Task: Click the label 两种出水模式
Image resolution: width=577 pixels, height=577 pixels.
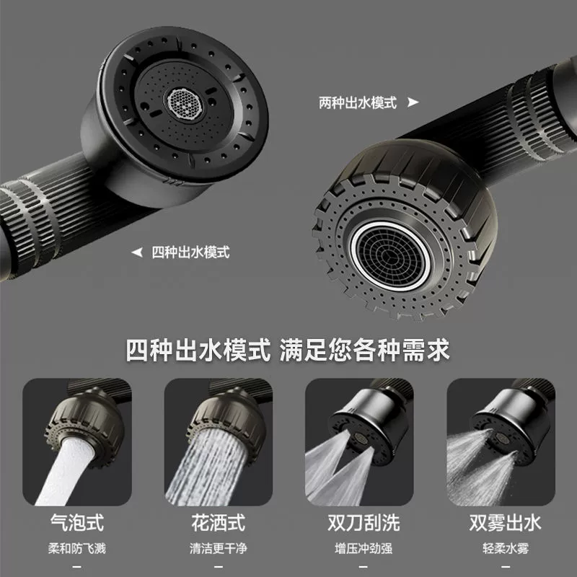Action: tap(358, 102)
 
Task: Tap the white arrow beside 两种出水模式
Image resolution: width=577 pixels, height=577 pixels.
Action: tap(413, 102)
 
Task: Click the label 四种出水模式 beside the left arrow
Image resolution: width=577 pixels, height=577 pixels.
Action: tap(190, 252)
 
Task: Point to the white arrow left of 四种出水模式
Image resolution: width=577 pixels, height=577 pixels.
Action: tap(137, 252)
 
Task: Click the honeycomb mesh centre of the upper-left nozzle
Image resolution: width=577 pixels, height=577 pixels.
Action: tap(185, 104)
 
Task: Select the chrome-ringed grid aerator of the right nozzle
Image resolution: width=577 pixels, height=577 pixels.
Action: tap(390, 256)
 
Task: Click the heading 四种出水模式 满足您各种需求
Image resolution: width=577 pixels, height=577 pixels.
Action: tap(288, 350)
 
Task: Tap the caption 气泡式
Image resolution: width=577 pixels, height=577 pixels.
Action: tap(77, 522)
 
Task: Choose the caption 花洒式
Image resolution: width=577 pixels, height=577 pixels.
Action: tap(219, 522)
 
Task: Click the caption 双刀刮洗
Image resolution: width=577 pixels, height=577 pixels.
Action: tap(364, 522)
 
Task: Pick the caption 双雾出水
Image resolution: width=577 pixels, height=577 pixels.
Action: tap(505, 522)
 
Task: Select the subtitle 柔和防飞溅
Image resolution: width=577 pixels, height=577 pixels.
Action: tap(77, 548)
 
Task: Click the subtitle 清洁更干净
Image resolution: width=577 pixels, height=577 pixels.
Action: tap(219, 548)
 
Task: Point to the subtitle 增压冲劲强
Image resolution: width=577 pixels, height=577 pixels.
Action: tap(364, 548)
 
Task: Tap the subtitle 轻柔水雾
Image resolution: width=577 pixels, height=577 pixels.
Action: tap(506, 548)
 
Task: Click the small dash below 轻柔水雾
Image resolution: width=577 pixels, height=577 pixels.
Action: tap(506, 567)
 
